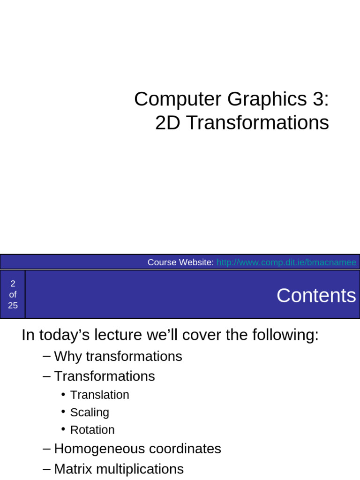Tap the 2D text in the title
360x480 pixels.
(x=167, y=123)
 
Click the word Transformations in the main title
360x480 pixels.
(x=257, y=123)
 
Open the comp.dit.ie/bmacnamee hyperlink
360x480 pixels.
(x=286, y=262)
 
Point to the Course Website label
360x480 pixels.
(x=180, y=262)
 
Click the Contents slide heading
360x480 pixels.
(x=316, y=296)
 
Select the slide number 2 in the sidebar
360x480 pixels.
(x=13, y=283)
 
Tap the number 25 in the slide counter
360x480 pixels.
(x=13, y=306)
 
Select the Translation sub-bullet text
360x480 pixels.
(x=99, y=395)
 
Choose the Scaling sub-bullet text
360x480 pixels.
(x=90, y=412)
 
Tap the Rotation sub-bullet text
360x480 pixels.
(x=92, y=430)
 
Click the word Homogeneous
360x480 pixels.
(x=98, y=449)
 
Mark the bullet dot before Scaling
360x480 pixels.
(x=63, y=412)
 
